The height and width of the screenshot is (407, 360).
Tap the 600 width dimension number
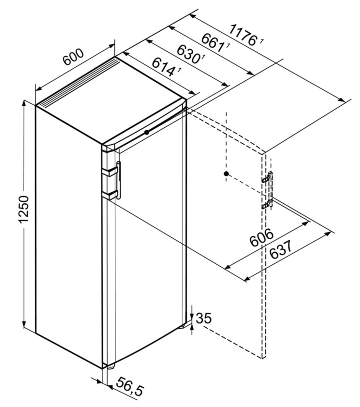click(x=74, y=57)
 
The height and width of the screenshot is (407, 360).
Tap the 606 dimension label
click(x=261, y=237)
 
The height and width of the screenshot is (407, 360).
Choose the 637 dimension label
click(x=281, y=250)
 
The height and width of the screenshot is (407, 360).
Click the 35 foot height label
click(x=204, y=318)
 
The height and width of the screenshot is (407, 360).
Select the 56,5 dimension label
click(x=130, y=386)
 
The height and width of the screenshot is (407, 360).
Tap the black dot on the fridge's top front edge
click(x=147, y=132)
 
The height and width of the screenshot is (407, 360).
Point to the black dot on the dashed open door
click(x=226, y=173)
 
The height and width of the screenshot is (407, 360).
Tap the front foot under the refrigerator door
click(x=111, y=367)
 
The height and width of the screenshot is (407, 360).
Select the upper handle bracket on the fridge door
click(x=112, y=172)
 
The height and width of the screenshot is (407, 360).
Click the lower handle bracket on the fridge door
click(x=112, y=195)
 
